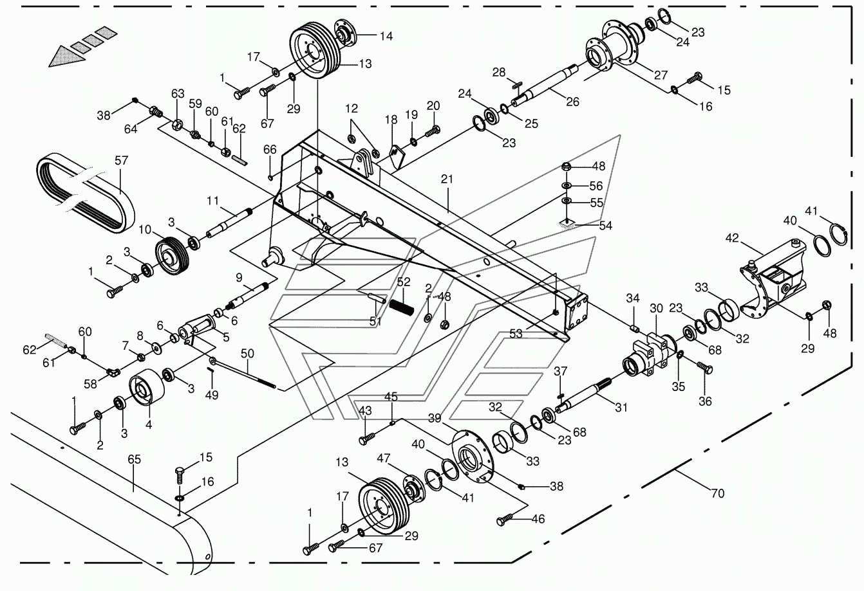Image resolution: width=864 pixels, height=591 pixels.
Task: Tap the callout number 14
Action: (386, 36)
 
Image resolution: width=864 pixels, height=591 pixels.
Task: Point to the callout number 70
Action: (717, 493)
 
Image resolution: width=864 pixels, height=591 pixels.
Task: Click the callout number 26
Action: (572, 102)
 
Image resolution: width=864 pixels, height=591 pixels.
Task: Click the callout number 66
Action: (270, 149)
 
